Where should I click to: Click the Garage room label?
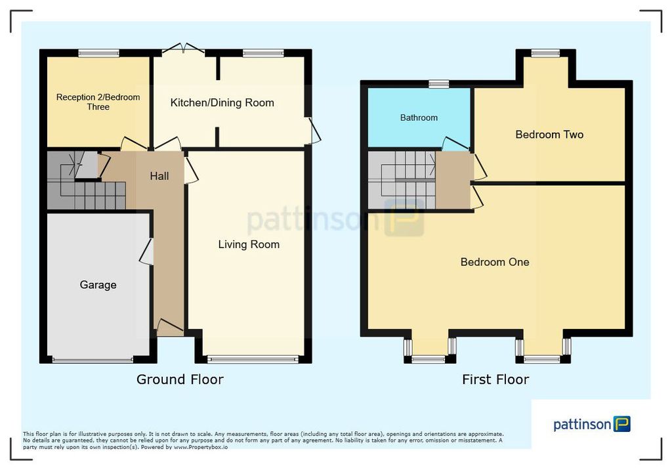pyautogui.click(x=98, y=285)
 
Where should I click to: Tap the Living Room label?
pyautogui.click(x=249, y=244)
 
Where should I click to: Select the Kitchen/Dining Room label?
pyautogui.click(x=222, y=103)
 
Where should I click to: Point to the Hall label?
pyautogui.click(x=159, y=176)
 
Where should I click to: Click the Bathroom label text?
pyautogui.click(x=419, y=117)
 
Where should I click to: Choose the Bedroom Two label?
pyautogui.click(x=549, y=135)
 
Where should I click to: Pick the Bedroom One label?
pyautogui.click(x=495, y=262)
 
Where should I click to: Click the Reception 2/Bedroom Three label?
pyautogui.click(x=98, y=102)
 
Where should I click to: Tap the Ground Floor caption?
pyautogui.click(x=180, y=379)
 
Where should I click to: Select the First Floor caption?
pyautogui.click(x=495, y=379)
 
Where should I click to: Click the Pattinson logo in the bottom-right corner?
pyautogui.click(x=592, y=424)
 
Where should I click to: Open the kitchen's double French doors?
pyautogui.click(x=184, y=48)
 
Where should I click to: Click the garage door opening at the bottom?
pyautogui.click(x=93, y=360)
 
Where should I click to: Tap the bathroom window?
pyautogui.click(x=439, y=83)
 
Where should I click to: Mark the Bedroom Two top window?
pyautogui.click(x=545, y=53)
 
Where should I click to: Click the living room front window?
pyautogui.click(x=253, y=359)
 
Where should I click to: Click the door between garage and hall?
pyautogui.click(x=147, y=251)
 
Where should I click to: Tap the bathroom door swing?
pyautogui.click(x=455, y=144)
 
